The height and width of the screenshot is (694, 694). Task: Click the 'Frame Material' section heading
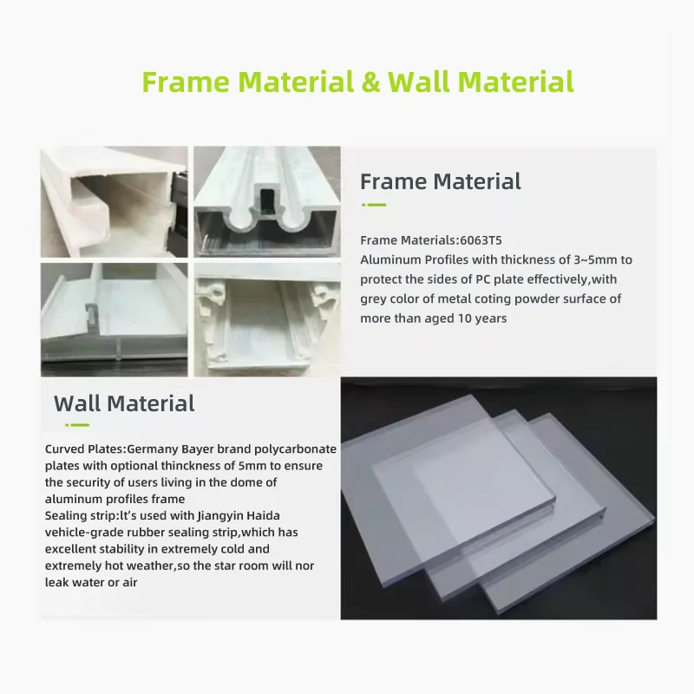coord(440,181)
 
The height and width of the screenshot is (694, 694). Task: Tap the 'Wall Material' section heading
coord(124,403)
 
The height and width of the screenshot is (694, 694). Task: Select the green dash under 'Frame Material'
coord(373,206)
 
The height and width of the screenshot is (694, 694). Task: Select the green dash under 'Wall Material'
coord(76,425)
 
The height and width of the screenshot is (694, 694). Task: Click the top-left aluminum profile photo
coord(114,201)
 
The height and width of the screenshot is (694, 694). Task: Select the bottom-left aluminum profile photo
coord(114,319)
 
